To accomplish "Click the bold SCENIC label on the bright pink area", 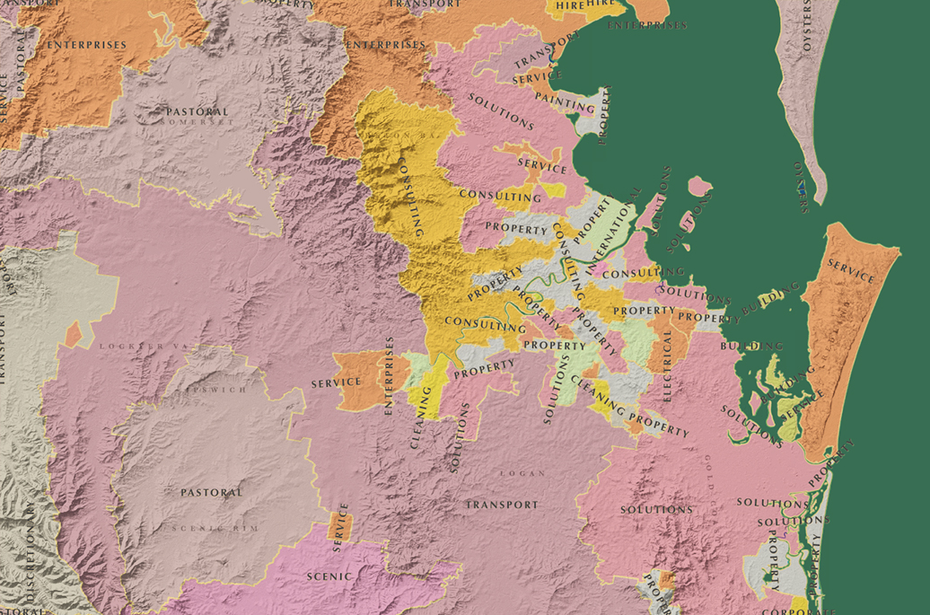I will click(x=329, y=575).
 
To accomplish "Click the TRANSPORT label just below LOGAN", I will click(x=502, y=505).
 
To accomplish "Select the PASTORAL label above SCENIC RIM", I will click(x=211, y=492).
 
